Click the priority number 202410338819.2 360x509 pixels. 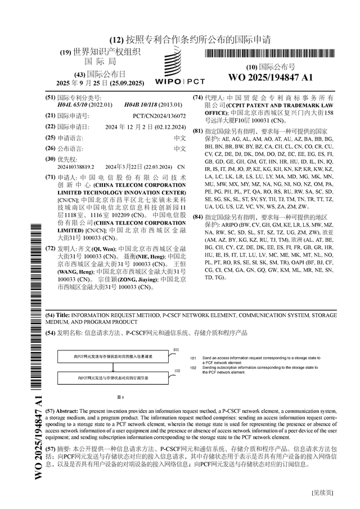pyautogui.click(x=75, y=167)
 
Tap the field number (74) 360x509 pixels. pyautogui.click(x=197, y=97)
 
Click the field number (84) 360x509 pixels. pyautogui.click(x=197, y=217)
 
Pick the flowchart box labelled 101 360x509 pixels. pyautogui.click(x=113, y=357)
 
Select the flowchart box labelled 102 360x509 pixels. pyautogui.click(x=113, y=378)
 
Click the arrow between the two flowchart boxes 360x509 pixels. pyautogui.click(x=113, y=367)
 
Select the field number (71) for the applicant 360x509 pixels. pyautogui.click(x=49, y=176)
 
